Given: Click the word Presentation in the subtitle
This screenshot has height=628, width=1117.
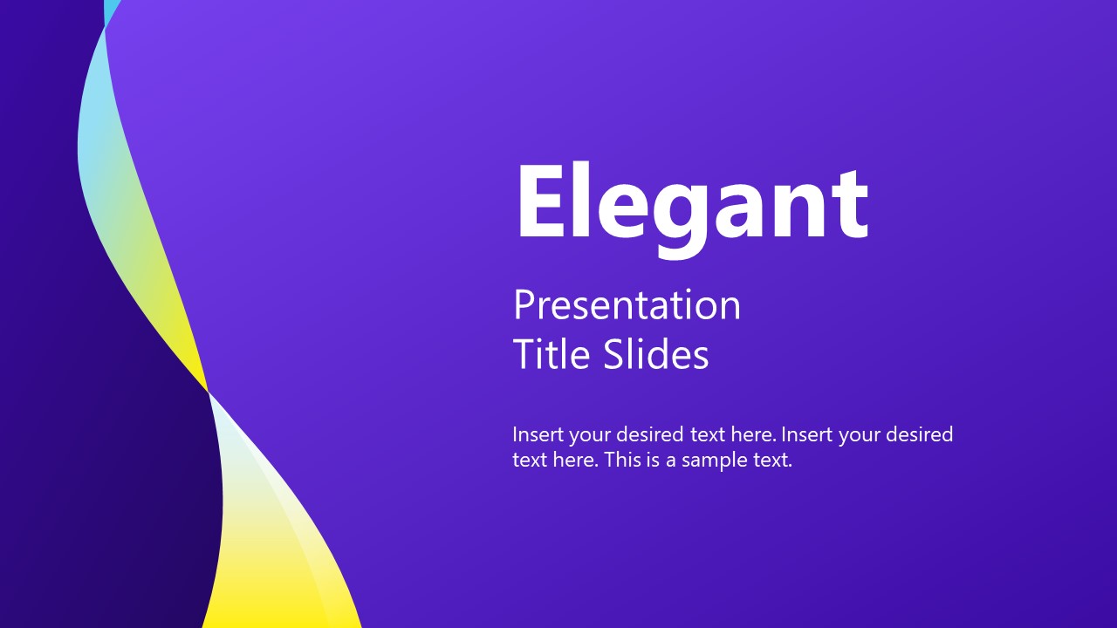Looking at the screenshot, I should (x=627, y=306).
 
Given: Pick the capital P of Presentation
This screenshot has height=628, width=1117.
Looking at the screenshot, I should (x=524, y=305).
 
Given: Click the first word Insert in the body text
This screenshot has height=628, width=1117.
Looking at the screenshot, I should (x=538, y=434).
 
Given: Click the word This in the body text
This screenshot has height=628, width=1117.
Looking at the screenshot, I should (x=622, y=461).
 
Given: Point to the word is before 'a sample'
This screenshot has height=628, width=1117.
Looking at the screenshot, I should (x=654, y=461).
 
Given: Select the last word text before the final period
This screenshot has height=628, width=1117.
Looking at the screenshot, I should (x=771, y=461).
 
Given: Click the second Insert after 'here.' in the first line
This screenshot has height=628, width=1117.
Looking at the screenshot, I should (x=806, y=434).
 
